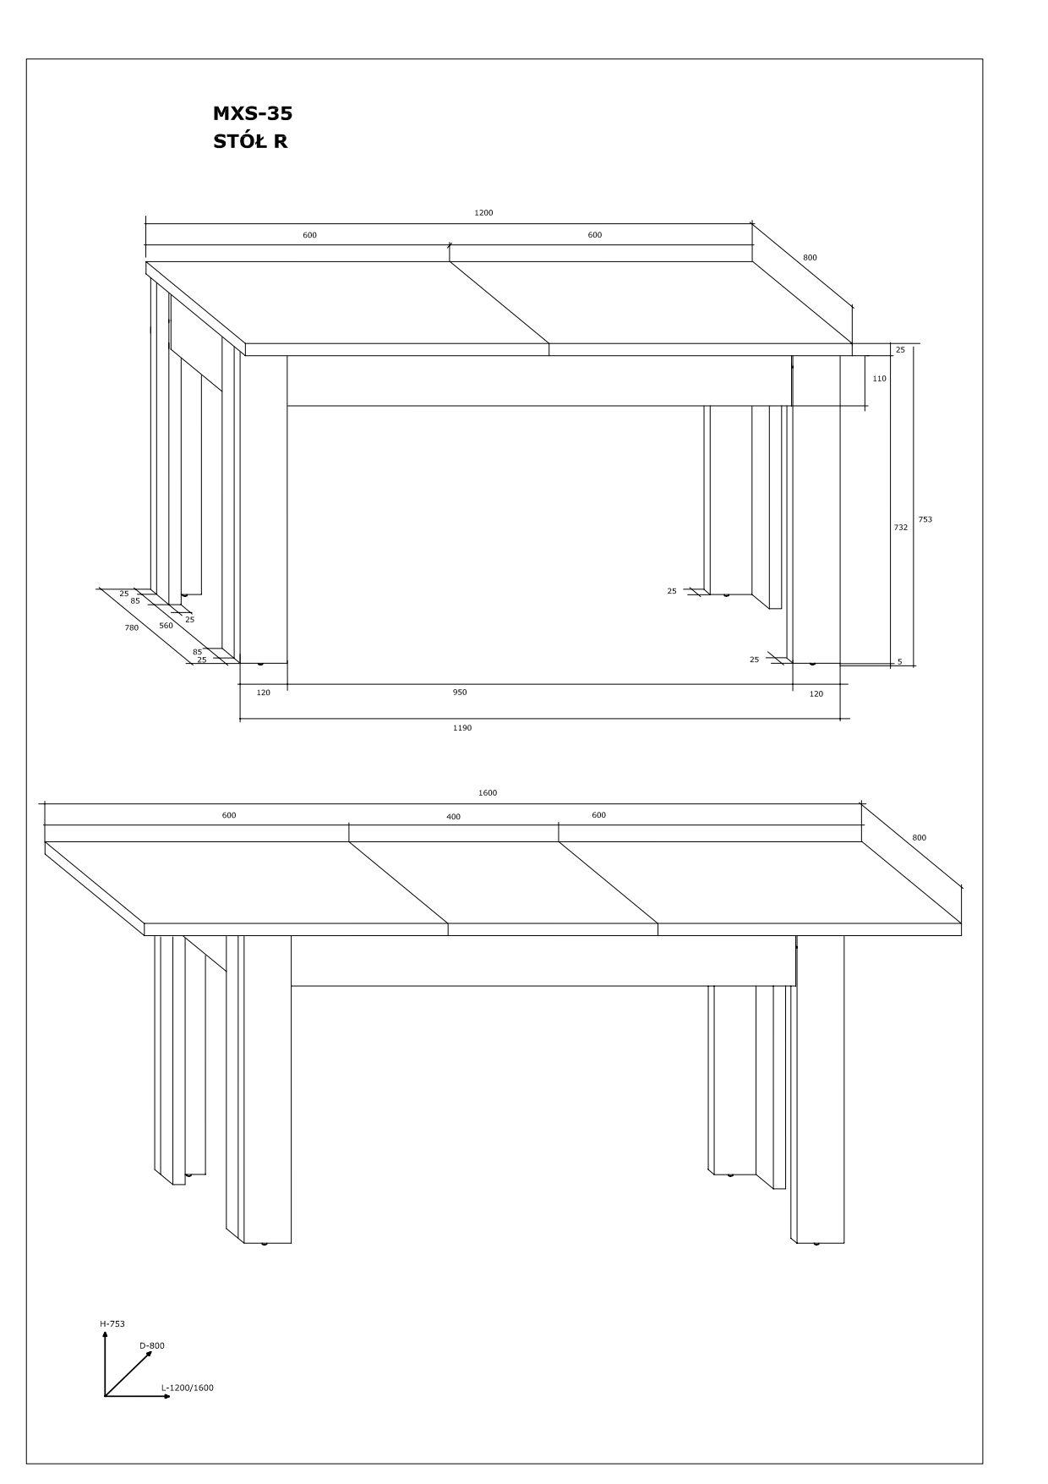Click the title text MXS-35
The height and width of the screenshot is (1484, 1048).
pos(253,113)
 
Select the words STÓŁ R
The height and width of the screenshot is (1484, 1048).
pos(250,141)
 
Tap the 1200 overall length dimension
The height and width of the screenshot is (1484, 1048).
pos(483,213)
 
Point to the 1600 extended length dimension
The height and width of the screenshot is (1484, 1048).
pos(488,793)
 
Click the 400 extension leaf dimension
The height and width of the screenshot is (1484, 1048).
pos(454,817)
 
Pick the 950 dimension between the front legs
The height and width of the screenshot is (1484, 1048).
pos(460,693)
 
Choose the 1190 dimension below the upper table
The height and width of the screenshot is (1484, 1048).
pos(462,728)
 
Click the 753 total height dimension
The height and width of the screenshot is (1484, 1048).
pos(925,519)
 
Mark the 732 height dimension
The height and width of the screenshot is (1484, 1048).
pos(901,528)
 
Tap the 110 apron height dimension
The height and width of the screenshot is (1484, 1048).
pos(880,379)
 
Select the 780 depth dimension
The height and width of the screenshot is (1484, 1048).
pos(132,628)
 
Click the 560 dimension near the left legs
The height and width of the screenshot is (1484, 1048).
pos(166,626)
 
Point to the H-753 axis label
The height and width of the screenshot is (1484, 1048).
pos(112,1324)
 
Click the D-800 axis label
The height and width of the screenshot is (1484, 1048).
pos(152,1346)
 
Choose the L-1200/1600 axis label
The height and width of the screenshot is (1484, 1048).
pos(188,1388)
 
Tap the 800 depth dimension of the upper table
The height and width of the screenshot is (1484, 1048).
pos(810,258)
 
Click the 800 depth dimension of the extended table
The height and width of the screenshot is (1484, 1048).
pos(919,838)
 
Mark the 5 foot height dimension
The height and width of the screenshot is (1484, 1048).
pos(900,661)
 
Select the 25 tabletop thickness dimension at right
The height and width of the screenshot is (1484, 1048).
pos(900,350)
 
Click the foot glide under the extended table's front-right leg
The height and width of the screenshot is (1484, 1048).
pos(816,1244)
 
